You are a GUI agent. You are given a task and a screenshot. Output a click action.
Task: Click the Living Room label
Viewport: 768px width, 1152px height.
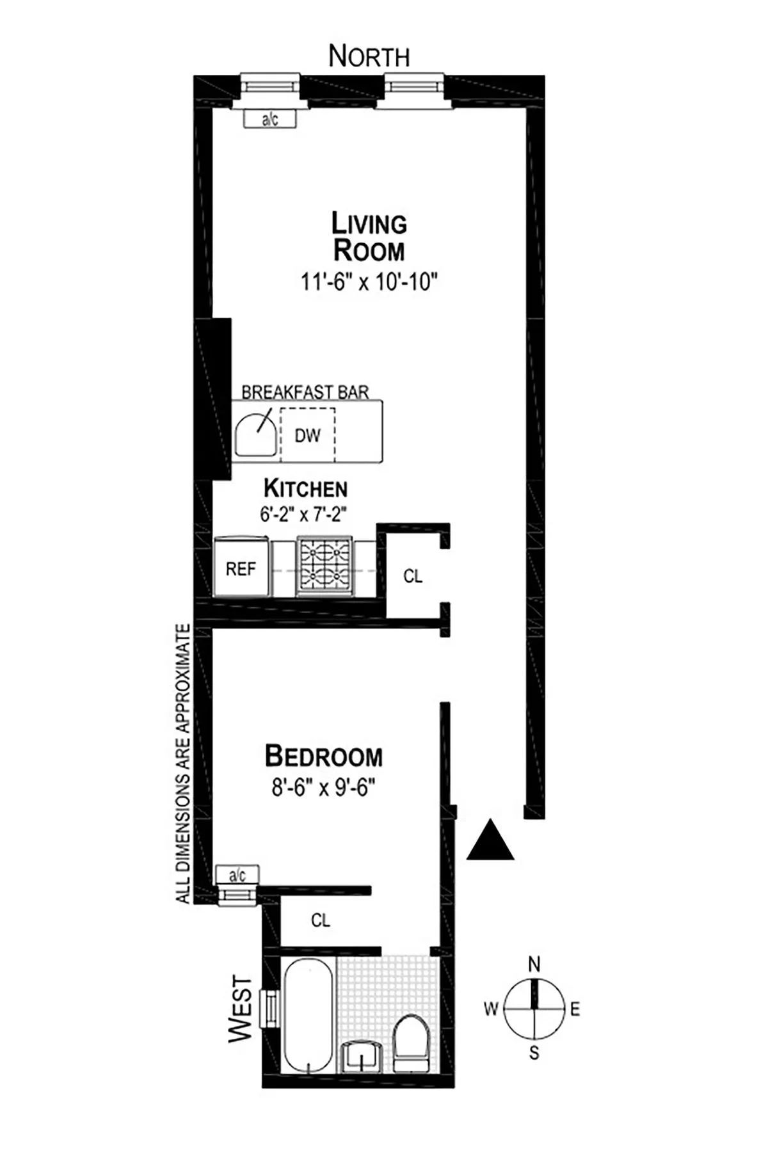[x=369, y=237]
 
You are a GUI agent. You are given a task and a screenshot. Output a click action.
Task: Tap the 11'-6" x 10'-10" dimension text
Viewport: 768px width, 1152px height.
[x=369, y=282]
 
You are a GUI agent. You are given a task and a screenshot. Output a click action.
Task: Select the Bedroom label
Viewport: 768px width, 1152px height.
[x=324, y=756]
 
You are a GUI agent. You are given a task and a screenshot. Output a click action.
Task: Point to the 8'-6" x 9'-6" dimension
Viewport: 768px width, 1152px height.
[x=323, y=787]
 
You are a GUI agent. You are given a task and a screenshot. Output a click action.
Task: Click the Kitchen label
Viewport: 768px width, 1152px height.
[x=306, y=489]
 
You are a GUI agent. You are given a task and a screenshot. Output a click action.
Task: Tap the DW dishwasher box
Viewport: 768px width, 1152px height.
[x=308, y=436]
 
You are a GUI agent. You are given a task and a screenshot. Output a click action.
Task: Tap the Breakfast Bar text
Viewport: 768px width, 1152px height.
[x=305, y=392]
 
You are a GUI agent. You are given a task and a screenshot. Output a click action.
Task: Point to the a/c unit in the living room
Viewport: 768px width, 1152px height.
[x=270, y=119]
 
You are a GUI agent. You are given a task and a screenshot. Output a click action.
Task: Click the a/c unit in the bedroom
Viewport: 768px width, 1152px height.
[x=237, y=874]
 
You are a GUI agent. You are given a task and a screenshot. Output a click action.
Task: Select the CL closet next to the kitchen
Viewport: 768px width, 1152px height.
[x=413, y=577]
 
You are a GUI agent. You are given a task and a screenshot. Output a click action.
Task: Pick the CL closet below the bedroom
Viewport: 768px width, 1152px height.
[x=321, y=920]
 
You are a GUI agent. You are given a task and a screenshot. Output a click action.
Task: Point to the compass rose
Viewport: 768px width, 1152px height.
[x=534, y=1009]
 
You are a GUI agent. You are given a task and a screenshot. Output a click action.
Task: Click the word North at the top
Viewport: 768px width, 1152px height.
[x=369, y=57]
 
